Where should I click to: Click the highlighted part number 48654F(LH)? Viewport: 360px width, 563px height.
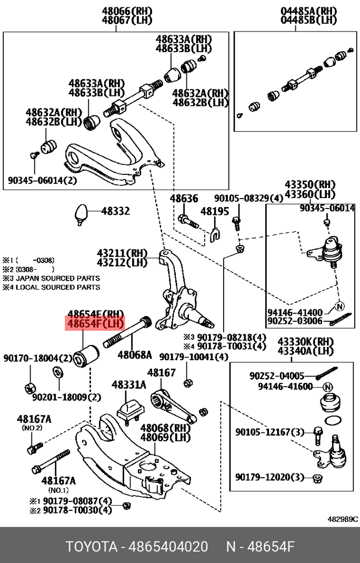94,323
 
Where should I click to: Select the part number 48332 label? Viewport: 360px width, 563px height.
115,211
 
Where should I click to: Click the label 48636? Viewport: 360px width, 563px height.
184,199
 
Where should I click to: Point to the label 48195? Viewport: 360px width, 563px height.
214,211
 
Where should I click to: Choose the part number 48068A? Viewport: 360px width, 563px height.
134,354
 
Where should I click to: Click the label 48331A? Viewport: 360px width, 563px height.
128,385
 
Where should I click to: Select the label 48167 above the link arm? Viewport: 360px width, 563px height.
161,373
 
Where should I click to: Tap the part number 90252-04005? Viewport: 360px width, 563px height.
277,376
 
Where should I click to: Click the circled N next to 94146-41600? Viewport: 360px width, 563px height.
328,387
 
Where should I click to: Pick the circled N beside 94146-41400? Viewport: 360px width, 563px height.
339,305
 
